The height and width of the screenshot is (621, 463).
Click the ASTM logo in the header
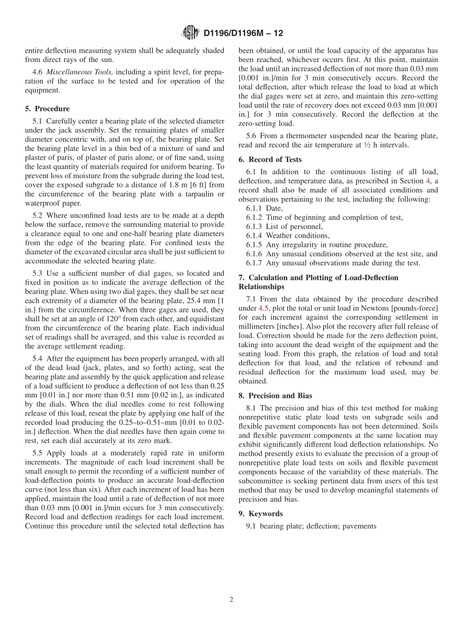(x=190, y=33)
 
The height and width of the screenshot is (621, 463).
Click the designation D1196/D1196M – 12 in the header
(x=243, y=33)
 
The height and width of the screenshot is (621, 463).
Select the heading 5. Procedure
(x=47, y=108)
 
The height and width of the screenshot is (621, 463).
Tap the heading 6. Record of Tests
(x=270, y=159)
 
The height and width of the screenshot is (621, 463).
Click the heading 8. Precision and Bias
(x=275, y=395)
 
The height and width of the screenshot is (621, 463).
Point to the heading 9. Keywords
(x=260, y=514)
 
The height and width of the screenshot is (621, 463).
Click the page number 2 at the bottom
(x=231, y=600)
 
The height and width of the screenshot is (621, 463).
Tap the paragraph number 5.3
(x=38, y=273)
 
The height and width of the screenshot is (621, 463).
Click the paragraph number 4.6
(x=38, y=72)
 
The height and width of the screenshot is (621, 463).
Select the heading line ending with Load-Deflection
(x=318, y=277)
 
